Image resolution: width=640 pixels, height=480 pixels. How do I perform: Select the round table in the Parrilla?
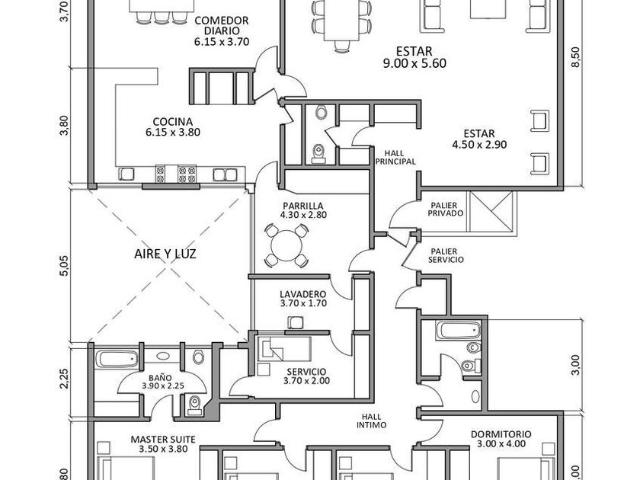[x=284, y=244]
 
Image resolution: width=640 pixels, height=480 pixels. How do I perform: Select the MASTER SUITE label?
[x=163, y=440]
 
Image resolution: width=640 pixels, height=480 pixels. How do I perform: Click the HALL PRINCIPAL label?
[x=395, y=157]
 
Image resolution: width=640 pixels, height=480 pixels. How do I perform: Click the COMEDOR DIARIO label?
[x=222, y=26]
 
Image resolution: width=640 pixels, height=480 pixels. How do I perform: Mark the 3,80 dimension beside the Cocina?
[x=64, y=126]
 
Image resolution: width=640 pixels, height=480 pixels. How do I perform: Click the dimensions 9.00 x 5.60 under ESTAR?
[x=414, y=64]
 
